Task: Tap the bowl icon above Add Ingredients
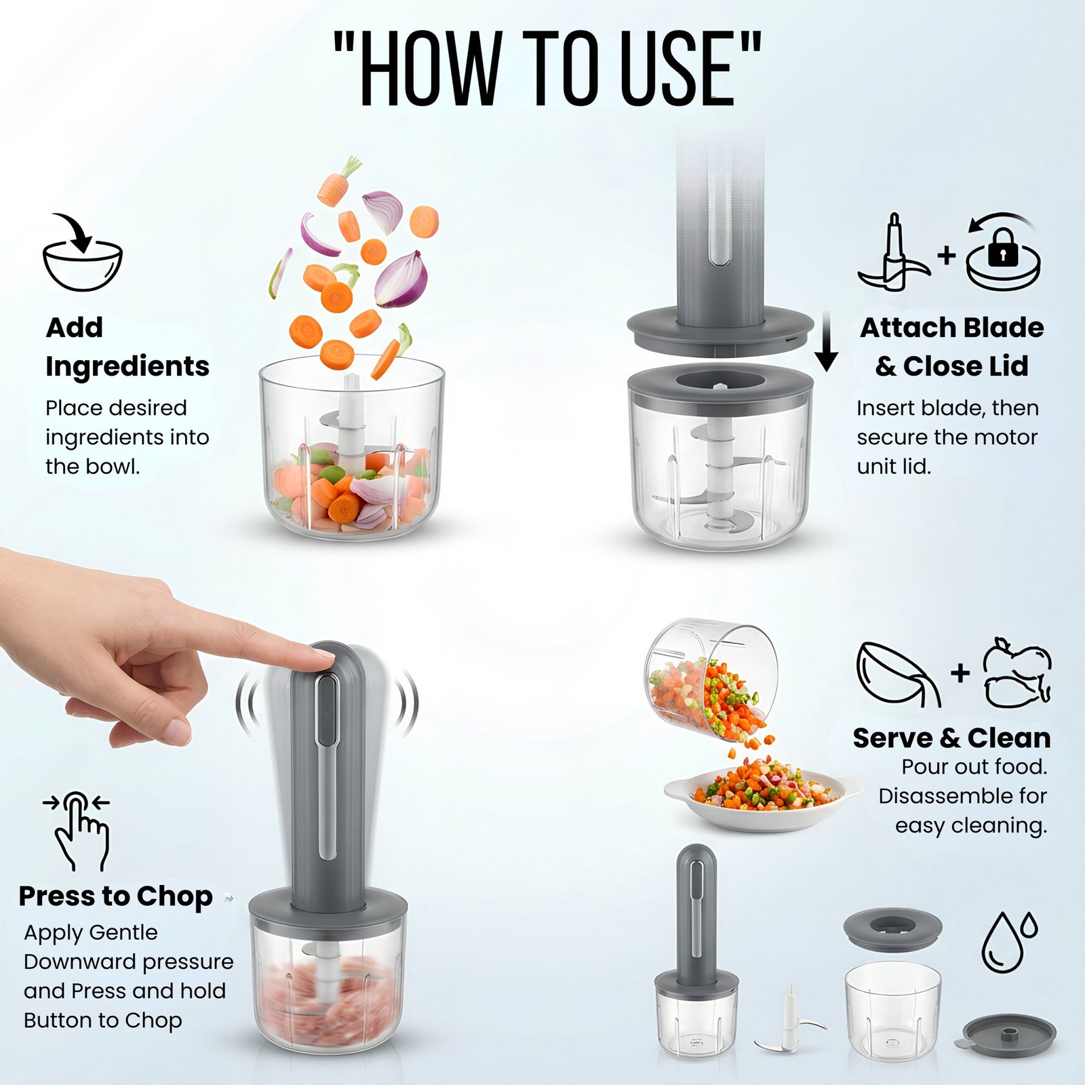[82, 254]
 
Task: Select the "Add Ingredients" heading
[127, 347]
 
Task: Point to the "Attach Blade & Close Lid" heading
[952, 347]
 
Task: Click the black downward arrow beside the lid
[826, 342]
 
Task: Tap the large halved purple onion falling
[401, 279]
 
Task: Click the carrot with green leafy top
[338, 181]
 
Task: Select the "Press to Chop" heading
[116, 896]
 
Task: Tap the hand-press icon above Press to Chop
[81, 831]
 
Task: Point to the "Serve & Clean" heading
[951, 737]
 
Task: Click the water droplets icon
[1009, 942]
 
